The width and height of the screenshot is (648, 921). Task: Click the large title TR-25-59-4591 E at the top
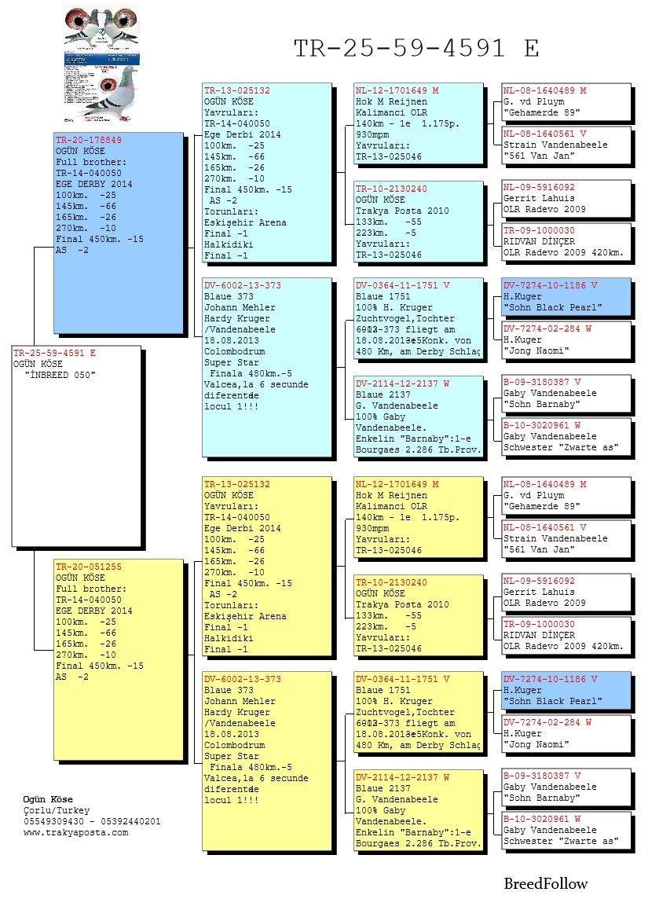416,49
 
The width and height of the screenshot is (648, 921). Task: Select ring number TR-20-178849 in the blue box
88,140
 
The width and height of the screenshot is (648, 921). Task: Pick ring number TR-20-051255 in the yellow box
88,567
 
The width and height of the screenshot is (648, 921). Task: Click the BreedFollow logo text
545,883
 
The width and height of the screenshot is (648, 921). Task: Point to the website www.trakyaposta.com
75,833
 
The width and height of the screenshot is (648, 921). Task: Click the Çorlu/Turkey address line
57,810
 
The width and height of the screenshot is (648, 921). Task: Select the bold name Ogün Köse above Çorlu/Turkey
48,799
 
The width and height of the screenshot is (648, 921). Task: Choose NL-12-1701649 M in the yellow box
397,485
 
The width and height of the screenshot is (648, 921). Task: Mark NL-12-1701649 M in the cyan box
397,91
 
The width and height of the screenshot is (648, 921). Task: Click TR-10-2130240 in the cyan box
391,189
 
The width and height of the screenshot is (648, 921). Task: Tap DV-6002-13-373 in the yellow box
242,679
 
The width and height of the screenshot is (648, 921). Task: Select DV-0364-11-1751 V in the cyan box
402,286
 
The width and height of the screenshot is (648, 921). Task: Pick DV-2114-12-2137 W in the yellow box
402,777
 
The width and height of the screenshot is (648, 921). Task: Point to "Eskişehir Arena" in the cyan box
245,222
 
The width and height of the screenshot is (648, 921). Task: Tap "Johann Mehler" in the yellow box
240,701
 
